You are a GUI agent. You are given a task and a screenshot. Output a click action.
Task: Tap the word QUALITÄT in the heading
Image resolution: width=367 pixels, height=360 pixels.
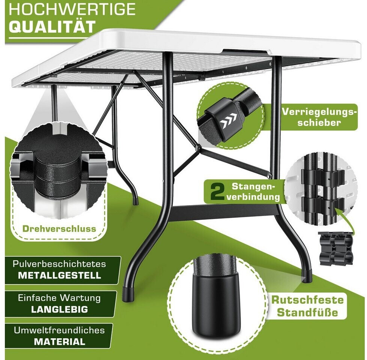click(52, 27)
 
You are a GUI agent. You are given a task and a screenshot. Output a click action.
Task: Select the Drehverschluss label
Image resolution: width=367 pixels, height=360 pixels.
click(59, 228)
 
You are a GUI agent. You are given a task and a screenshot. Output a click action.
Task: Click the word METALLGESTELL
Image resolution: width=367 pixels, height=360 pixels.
click(60, 276)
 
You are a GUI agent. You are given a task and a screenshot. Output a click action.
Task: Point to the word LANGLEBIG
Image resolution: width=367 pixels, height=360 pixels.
click(60, 309)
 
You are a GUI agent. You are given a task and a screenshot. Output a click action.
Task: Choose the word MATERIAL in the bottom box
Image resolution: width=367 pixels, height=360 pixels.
click(60, 342)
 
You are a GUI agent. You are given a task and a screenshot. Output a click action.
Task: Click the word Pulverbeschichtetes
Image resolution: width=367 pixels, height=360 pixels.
click(60, 264)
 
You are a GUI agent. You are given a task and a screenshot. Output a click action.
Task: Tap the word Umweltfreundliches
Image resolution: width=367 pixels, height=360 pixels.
click(59, 330)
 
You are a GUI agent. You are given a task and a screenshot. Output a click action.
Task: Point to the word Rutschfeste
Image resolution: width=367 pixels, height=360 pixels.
click(307, 300)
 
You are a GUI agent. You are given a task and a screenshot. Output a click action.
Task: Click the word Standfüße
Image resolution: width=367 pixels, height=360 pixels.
click(307, 312)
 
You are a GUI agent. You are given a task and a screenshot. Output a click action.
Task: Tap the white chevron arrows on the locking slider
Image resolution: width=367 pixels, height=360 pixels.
click(228, 119)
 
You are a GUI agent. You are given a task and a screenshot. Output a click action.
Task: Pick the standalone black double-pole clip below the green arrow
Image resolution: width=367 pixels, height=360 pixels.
click(336, 249)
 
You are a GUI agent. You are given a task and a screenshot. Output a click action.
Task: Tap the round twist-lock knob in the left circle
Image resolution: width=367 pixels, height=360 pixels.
click(59, 167)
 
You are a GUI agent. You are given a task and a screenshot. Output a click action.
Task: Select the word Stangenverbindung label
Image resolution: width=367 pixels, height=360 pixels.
click(253, 192)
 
